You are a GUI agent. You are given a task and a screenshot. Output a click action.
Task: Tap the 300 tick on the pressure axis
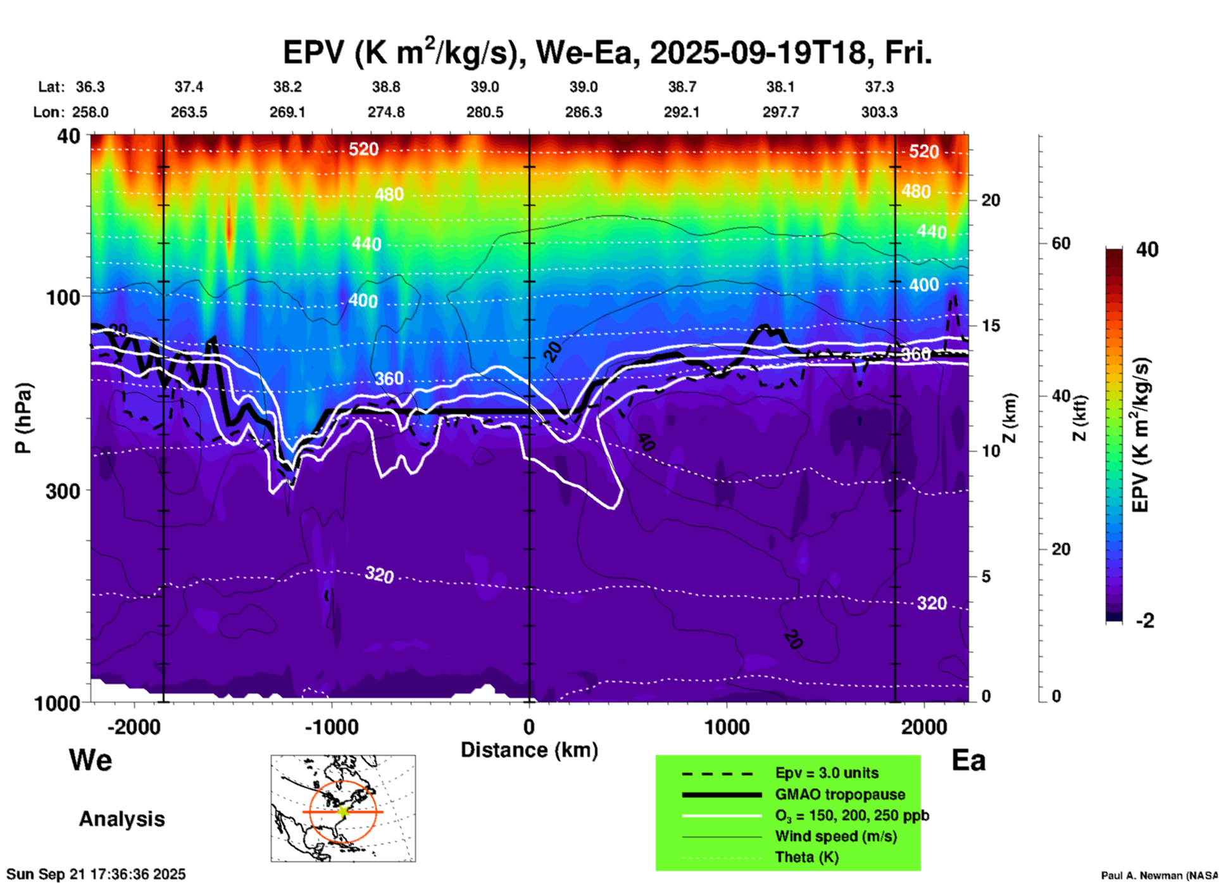(x=63, y=490)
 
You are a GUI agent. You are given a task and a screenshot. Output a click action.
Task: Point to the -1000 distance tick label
(x=331, y=727)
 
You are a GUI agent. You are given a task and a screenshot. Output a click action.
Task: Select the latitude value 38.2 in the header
(x=287, y=87)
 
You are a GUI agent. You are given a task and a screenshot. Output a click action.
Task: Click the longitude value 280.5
(x=485, y=112)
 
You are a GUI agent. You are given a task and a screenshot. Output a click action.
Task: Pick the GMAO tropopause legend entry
(x=839, y=794)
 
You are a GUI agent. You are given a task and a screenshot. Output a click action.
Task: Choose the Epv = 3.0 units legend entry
(x=827, y=773)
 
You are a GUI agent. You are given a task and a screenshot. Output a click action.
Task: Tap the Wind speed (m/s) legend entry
(x=835, y=836)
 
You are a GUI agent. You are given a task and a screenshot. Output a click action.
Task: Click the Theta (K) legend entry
(x=806, y=857)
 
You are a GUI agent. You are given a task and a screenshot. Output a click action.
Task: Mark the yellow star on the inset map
(x=343, y=811)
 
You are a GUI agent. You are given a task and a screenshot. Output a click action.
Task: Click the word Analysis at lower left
(x=122, y=818)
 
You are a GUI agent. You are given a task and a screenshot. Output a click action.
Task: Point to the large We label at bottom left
(x=91, y=759)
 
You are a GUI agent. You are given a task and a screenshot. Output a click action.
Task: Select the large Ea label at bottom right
(x=968, y=760)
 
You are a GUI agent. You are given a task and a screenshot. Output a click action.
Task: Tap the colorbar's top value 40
(x=1147, y=250)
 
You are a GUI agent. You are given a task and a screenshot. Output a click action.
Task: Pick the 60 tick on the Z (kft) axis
(x=1060, y=243)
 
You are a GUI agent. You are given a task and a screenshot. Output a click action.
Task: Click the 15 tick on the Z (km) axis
(x=991, y=326)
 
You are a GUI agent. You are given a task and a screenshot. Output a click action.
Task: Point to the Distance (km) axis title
(x=529, y=750)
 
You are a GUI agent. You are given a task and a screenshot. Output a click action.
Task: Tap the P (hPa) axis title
(x=23, y=418)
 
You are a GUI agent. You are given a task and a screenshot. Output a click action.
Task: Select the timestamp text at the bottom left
(x=96, y=874)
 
